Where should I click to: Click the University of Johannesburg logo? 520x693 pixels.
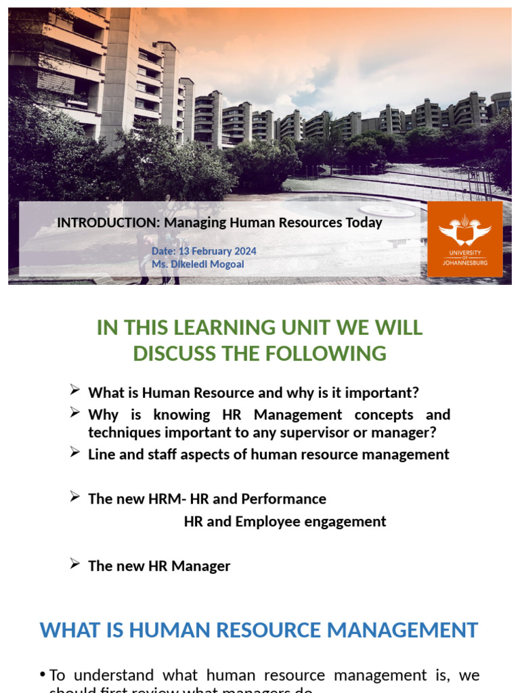464,238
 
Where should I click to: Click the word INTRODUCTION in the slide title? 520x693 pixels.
105,223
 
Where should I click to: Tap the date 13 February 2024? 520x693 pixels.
217,251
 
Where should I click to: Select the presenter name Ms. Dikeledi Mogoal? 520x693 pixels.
198,264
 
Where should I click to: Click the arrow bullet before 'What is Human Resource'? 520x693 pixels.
75,389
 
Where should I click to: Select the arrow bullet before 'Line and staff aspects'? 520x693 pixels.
75,451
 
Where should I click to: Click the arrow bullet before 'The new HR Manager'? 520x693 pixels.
75,563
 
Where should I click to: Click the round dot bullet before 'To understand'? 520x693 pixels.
43,675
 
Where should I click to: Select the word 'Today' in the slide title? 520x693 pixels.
366,223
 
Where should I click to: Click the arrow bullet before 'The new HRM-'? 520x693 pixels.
75,496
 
